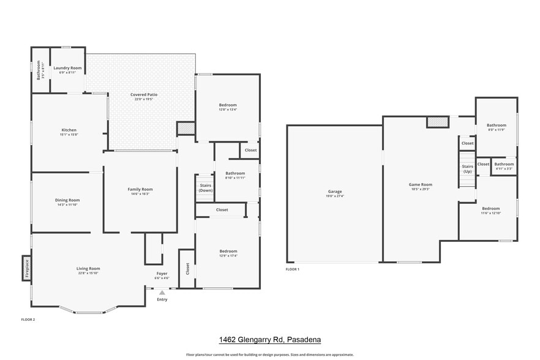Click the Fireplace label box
tap(27, 268)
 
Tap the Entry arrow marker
tap(162, 293)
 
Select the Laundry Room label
tap(67, 70)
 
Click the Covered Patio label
tap(144, 97)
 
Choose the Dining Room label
tap(68, 202)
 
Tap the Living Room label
tap(88, 270)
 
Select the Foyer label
tap(162, 276)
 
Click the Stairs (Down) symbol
tap(205, 187)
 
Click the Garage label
tap(334, 193)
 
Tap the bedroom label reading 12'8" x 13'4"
tap(228, 107)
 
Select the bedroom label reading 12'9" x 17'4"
tap(228, 253)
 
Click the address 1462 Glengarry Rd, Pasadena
tap(270, 339)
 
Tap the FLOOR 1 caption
tap(293, 269)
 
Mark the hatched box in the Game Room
tap(437, 122)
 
